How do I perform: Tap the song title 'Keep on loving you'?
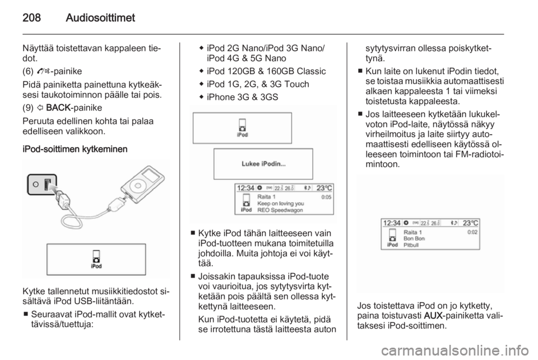(x=281, y=204)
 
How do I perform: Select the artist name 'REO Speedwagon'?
(x=280, y=211)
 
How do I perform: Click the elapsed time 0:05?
(x=326, y=197)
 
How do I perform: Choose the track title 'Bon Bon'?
(x=414, y=238)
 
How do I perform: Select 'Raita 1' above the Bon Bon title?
(x=412, y=232)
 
